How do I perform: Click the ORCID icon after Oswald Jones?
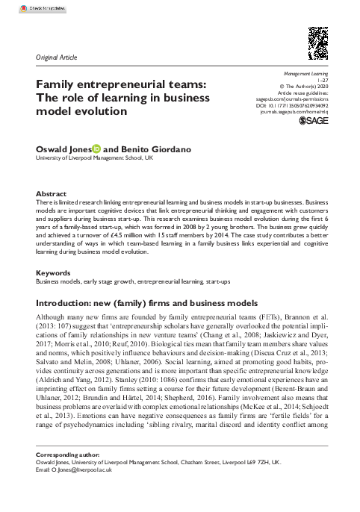click(x=96, y=149)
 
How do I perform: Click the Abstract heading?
click(x=51, y=192)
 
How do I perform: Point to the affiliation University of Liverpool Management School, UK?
click(x=95, y=159)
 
